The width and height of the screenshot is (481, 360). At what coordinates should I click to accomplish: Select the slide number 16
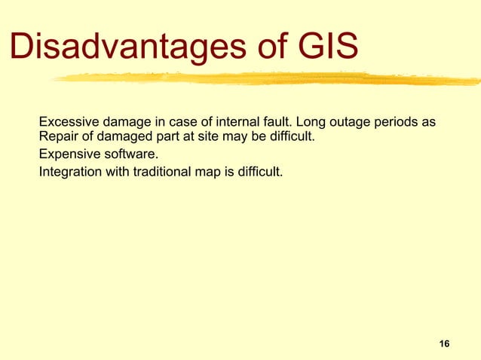click(x=444, y=344)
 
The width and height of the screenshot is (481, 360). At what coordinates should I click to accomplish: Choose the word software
click(x=133, y=155)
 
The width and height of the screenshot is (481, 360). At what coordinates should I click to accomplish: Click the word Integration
click(x=70, y=172)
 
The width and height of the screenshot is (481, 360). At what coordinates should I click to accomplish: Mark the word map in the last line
click(x=213, y=172)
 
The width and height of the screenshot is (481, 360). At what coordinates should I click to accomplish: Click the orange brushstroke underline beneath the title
click(x=264, y=78)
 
